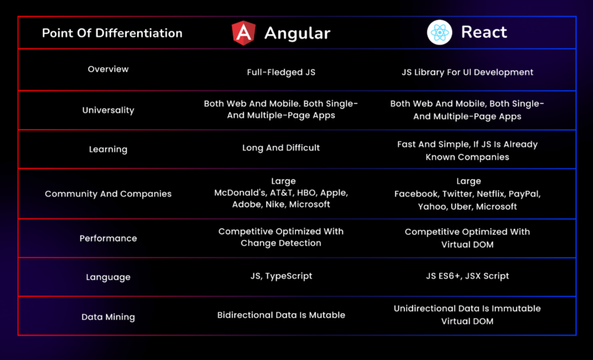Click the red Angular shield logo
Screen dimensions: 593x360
244,33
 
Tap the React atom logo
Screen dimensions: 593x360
440,33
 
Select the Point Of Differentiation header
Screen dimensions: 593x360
113,33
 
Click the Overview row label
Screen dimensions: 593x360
108,69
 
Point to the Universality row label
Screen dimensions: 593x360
108,110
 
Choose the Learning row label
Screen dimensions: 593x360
108,149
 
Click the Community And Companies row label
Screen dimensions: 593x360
108,194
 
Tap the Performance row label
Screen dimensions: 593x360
108,239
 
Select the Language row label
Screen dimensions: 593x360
108,277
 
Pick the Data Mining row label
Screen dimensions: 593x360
108,317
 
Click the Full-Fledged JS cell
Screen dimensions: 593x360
281,72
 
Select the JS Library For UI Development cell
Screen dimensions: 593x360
468,72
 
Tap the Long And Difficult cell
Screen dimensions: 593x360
281,147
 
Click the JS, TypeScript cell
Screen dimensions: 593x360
282,276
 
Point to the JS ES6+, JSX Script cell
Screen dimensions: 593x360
468,276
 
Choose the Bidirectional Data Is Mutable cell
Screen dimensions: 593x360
281,315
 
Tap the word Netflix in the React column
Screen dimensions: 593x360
491,194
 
